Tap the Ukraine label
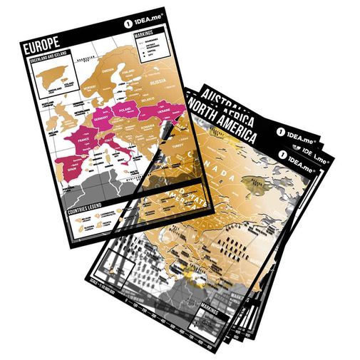click(163, 113)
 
